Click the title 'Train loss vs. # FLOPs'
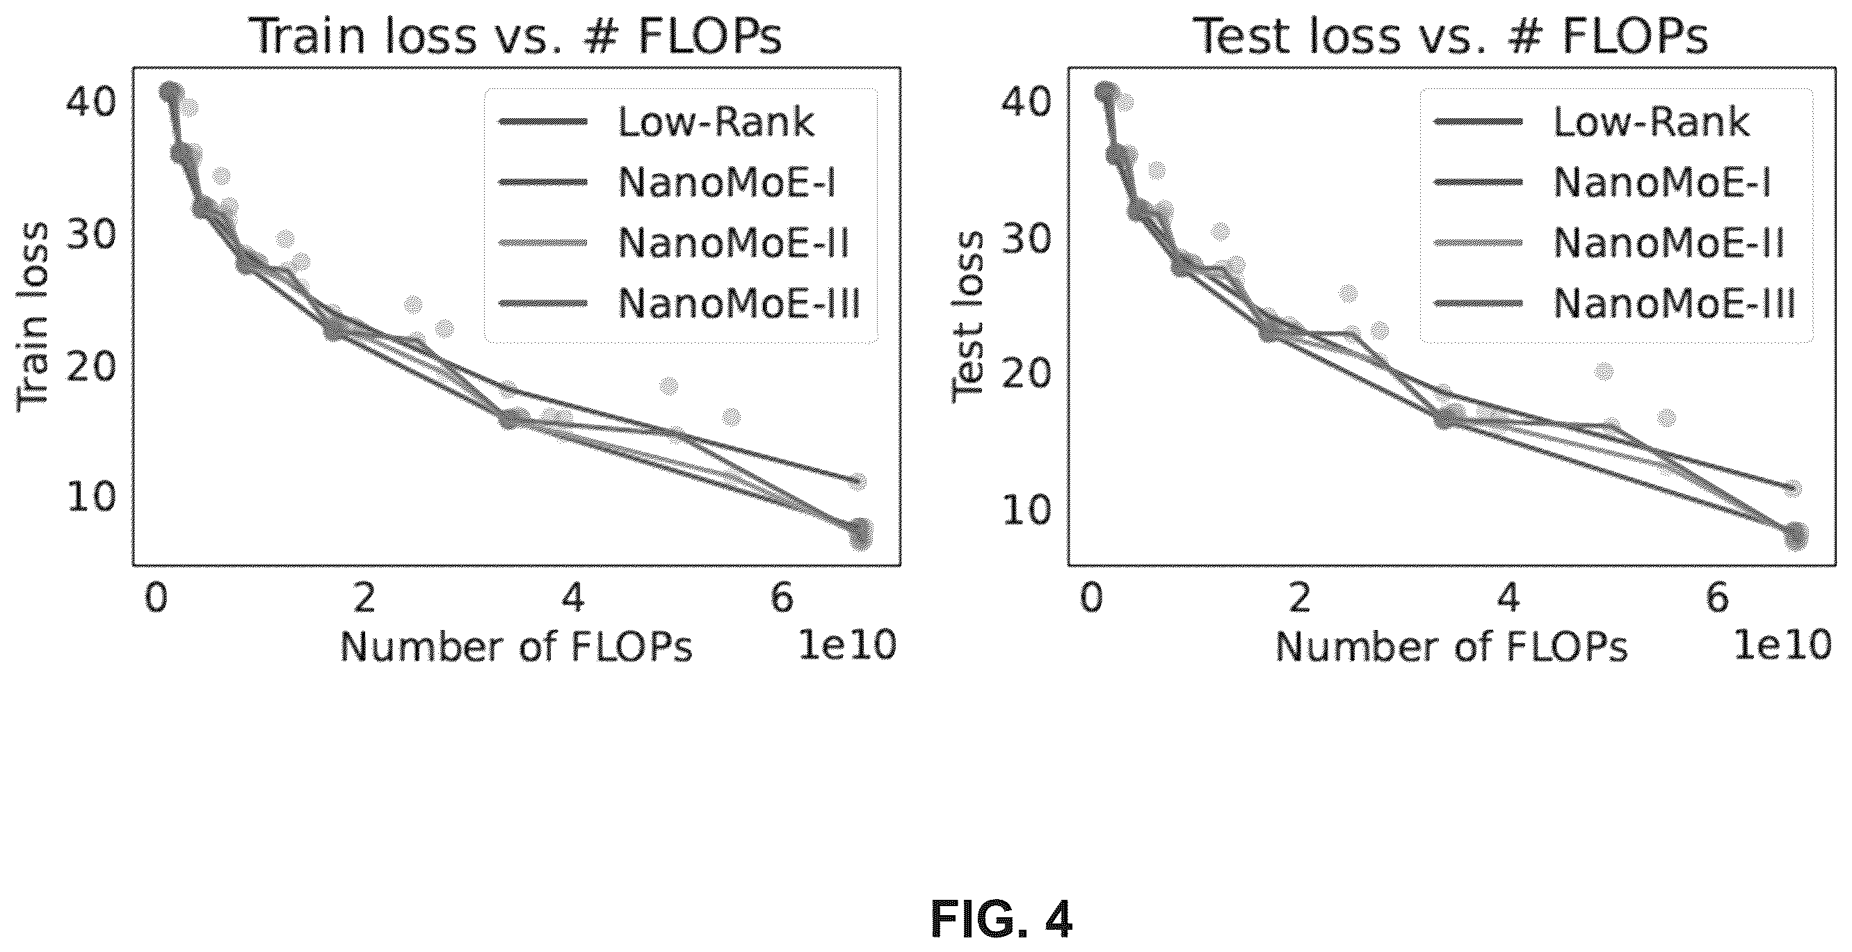519,36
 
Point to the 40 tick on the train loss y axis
90,102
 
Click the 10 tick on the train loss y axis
90,496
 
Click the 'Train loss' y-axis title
33,316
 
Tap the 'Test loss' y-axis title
967,316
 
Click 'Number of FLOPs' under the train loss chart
516,647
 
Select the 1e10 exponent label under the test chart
1783,645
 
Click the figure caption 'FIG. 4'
1001,919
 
